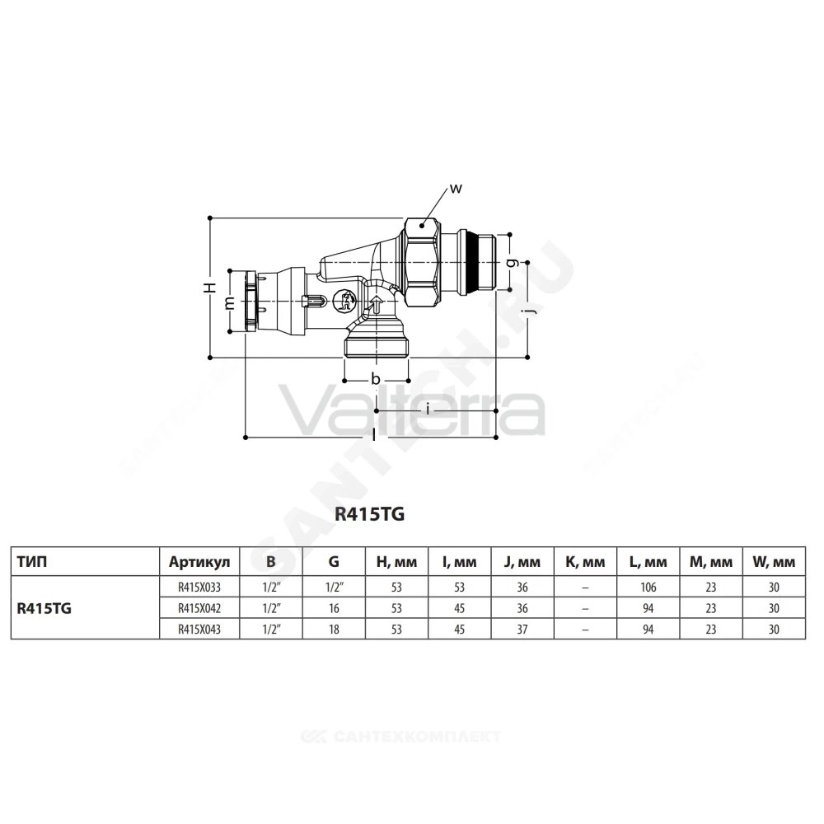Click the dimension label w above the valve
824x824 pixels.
click(x=456, y=188)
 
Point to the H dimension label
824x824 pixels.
click(x=210, y=288)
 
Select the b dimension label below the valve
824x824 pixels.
click(x=375, y=378)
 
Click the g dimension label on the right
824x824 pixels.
click(x=513, y=262)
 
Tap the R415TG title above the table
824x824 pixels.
click(x=369, y=514)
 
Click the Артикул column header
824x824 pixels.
click(x=199, y=562)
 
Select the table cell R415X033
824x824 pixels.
click(x=199, y=587)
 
